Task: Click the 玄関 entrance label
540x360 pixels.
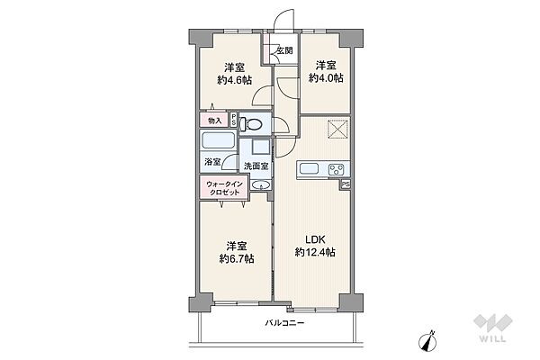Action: pos(284,50)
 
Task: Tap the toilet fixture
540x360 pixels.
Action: pos(250,124)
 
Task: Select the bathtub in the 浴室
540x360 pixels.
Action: pos(219,141)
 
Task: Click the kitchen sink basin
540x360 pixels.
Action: pos(309,169)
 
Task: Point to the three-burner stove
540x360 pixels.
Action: pos(336,169)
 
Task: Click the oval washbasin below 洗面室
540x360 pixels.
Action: pos(261,185)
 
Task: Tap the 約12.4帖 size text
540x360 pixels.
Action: pos(315,252)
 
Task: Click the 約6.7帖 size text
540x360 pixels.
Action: pos(237,258)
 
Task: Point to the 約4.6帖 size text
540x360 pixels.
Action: pos(235,80)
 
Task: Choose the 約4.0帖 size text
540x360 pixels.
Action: pos(326,78)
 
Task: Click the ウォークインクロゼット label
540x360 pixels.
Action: pos(224,188)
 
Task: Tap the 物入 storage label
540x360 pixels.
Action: pos(215,121)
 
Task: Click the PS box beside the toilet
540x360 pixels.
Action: pos(233,120)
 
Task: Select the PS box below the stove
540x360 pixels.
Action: pos(346,184)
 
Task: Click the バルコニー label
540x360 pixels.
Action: pos(284,323)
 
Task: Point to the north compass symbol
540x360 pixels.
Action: pos(427,339)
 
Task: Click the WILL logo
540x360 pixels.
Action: pos(493,328)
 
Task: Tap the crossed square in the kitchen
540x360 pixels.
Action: pos(337,129)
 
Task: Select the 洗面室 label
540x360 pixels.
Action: pos(256,166)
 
